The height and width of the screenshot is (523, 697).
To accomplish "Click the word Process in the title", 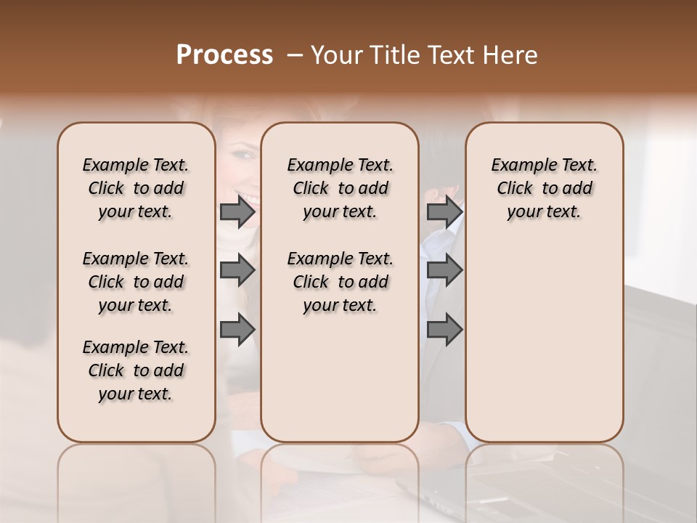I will pos(224,55).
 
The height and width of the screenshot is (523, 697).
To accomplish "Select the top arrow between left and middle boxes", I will pos(237,211).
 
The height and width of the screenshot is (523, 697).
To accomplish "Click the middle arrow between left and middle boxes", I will pos(237,270).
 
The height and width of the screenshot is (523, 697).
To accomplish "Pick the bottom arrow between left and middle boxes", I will pos(237,330).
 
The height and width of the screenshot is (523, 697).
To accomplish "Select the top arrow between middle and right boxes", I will pos(444,211).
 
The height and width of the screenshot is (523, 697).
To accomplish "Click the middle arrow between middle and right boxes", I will pos(444,270).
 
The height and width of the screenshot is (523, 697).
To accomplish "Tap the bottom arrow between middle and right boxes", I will pos(444,330).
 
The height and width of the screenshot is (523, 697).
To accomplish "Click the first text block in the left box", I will pos(136,188).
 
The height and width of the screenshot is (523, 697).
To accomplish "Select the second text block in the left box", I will pos(136,282).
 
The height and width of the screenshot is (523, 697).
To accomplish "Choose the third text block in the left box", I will pos(136,370).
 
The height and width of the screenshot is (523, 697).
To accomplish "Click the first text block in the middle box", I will pos(340,188).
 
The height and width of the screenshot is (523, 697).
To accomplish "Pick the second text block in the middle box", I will pos(340,282).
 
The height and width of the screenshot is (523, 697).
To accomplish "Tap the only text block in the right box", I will pos(544,188).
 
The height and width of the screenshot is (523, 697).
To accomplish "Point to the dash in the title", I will pos(295,56).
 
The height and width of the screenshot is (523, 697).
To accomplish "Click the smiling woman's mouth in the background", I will pos(250,198).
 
